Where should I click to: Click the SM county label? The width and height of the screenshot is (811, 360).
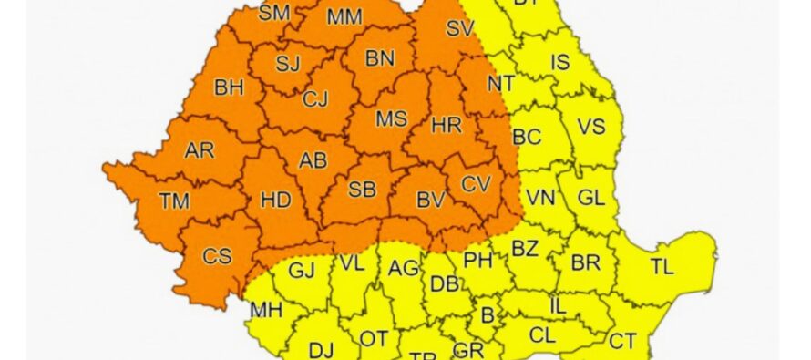coord(273,13)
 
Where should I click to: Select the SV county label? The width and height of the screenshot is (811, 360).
coord(460,29)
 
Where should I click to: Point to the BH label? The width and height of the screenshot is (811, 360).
coord(229,88)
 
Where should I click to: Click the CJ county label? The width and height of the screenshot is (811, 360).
coord(315,98)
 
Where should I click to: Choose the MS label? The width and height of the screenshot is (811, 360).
coord(392,119)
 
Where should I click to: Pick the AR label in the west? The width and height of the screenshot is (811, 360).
coord(199,150)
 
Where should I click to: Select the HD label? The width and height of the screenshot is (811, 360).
coord(275,200)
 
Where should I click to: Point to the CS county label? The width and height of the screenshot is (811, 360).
coord(217,256)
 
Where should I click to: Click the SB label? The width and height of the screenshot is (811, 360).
coord(363,190)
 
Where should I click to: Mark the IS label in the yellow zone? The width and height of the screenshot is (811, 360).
coord(561,62)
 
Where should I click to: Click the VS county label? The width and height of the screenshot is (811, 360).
coord(591,127)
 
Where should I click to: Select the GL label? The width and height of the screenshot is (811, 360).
coord(591,198)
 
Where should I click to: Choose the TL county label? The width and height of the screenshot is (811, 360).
coord(662,267)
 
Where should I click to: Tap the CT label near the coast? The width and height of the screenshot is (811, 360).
coord(622,341)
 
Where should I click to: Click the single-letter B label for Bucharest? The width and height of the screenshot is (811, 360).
coord(488,316)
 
